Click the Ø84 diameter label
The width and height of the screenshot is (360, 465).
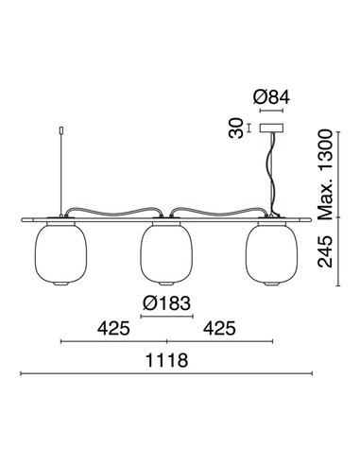pyautogui.click(x=273, y=96)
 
